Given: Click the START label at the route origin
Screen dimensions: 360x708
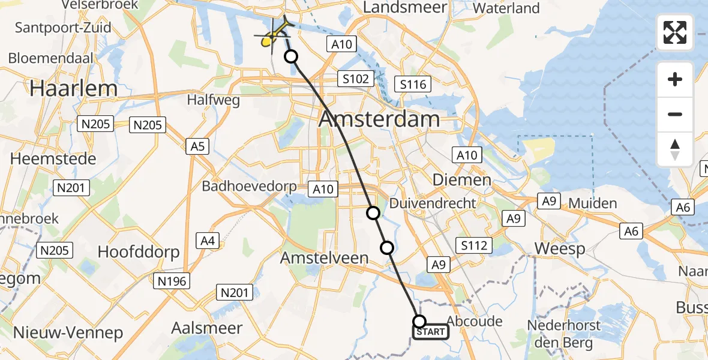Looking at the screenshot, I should click(x=430, y=332).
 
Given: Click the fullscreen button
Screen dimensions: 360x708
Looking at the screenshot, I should click(x=675, y=32).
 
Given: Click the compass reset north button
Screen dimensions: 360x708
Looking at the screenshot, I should click(x=675, y=149).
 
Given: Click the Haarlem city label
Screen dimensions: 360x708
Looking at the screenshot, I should click(x=74, y=89).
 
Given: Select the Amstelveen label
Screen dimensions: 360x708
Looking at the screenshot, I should click(x=325, y=257).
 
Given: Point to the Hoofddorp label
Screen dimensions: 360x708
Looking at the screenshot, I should click(x=139, y=251).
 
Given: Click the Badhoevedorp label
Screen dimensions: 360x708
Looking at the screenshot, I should click(x=249, y=186).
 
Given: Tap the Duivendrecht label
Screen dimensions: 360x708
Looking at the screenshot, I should click(x=433, y=203).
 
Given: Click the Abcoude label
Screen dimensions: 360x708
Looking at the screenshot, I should click(x=474, y=321).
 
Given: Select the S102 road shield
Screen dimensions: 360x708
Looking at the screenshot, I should click(x=356, y=79).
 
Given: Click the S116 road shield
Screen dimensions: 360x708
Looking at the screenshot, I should click(x=413, y=84).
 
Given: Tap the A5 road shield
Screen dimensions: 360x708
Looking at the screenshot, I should click(x=197, y=146).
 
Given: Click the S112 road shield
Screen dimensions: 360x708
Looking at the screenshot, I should click(x=474, y=245).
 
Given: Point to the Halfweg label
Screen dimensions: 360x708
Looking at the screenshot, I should click(x=213, y=100).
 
